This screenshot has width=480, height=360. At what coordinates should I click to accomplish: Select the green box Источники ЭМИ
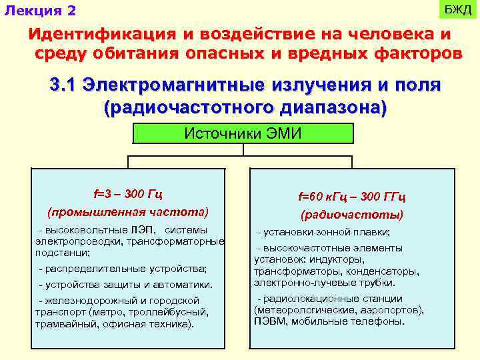click(x=243, y=133)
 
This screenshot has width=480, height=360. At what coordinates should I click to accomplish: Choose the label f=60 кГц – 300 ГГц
click(x=352, y=197)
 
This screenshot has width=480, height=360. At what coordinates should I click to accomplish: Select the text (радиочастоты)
click(x=352, y=215)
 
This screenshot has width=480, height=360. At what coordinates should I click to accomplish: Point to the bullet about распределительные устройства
click(x=123, y=269)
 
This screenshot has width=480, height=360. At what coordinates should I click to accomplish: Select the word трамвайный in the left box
click(x=63, y=324)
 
